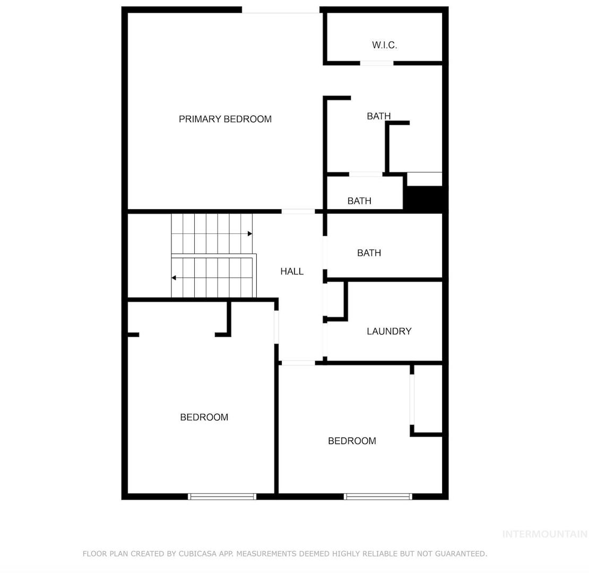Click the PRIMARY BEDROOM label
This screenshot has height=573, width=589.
(225, 119)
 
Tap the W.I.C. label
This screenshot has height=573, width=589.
(384, 45)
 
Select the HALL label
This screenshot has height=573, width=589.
(292, 271)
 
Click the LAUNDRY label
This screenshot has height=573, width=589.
(389, 331)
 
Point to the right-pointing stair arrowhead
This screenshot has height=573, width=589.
(250, 233)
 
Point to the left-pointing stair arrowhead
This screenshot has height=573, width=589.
(174, 278)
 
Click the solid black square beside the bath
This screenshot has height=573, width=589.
(424, 198)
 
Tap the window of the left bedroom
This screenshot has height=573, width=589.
(222, 497)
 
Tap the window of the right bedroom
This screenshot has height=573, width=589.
(378, 497)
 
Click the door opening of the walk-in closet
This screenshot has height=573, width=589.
(377, 63)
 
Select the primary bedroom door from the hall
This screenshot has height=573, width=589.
(298, 211)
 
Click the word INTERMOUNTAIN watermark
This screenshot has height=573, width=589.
(545, 534)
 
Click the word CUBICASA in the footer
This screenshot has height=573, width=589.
(195, 553)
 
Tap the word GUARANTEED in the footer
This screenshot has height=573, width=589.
(461, 553)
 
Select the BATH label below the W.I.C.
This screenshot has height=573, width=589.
(379, 116)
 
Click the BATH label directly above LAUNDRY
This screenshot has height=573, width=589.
(369, 253)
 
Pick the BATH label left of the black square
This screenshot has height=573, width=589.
(359, 201)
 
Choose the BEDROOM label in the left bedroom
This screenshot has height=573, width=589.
(204, 417)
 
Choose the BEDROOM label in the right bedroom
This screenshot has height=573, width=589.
(352, 441)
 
